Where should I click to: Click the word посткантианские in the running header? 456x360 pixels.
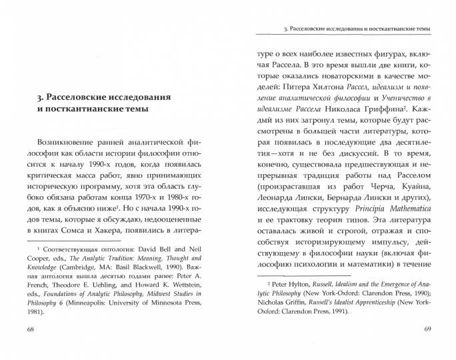379,29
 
